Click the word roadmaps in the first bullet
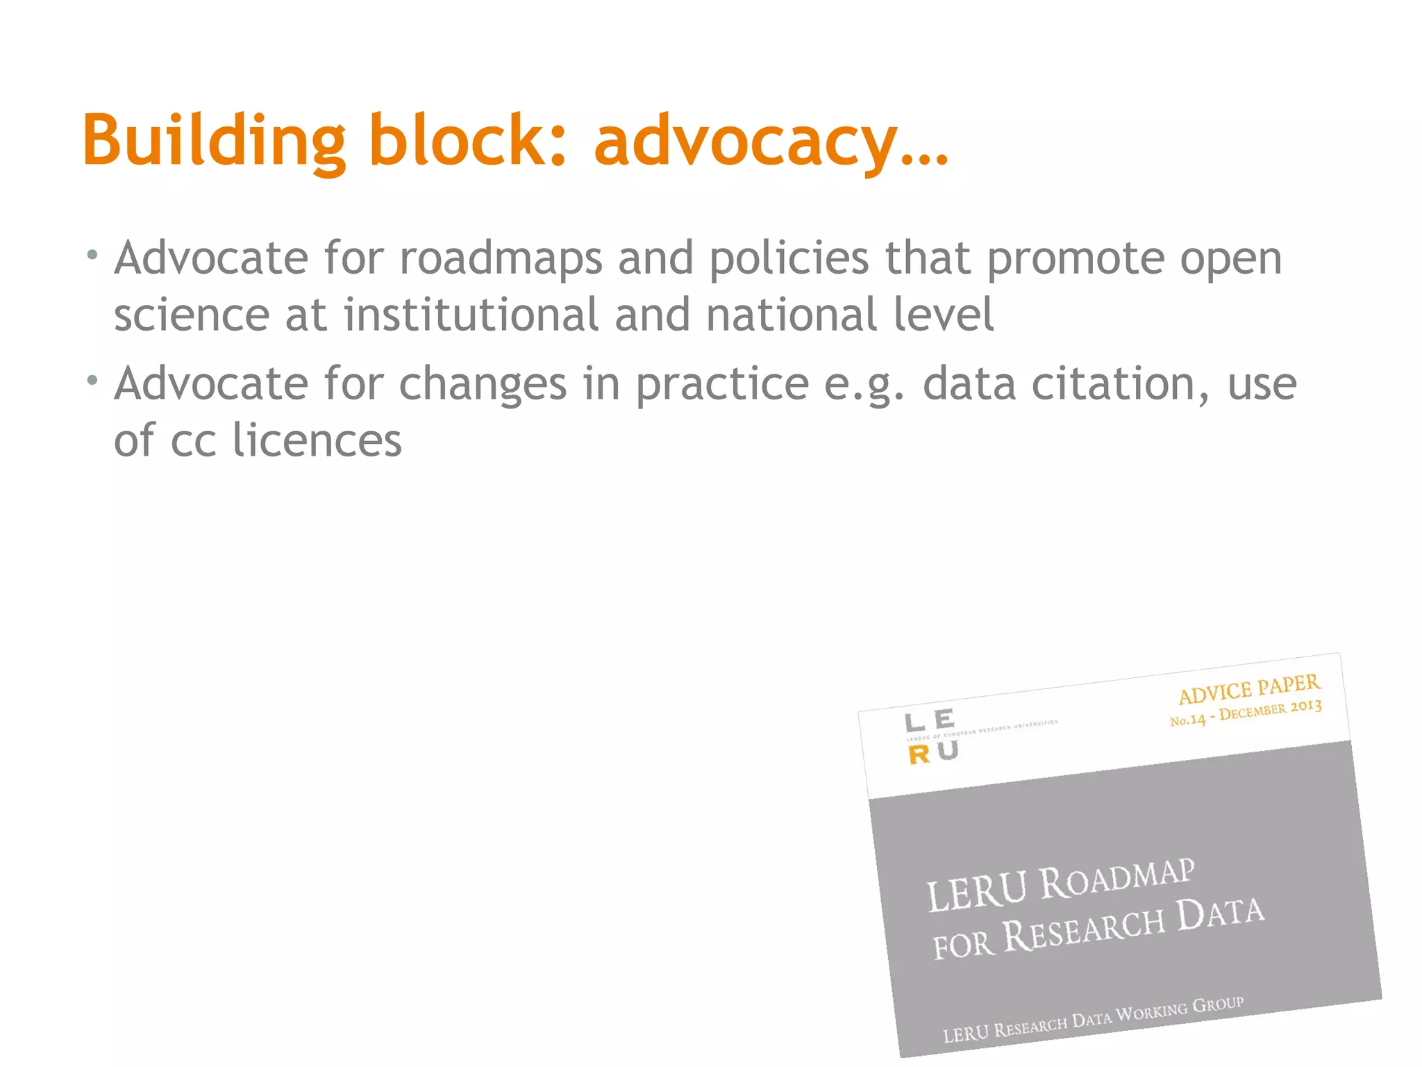[501, 258]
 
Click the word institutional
[471, 315]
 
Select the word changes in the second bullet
[483, 385]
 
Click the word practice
[722, 385]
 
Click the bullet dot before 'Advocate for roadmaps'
[92, 255]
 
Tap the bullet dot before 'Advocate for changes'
[92, 380]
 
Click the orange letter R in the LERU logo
[919, 756]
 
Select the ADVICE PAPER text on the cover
[1249, 689]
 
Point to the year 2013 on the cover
[1306, 706]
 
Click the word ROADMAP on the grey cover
[1117, 879]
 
